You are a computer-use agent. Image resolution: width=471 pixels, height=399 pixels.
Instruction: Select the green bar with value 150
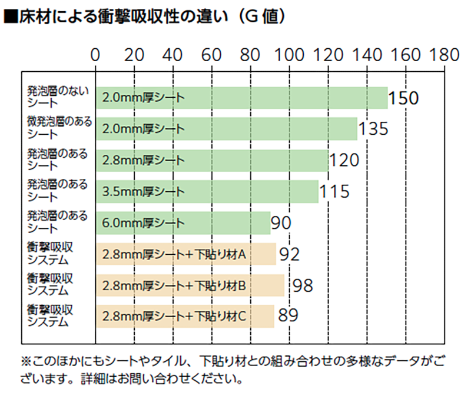pos(241,98)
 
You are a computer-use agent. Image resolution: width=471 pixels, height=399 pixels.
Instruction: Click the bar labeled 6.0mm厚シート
pos(183,223)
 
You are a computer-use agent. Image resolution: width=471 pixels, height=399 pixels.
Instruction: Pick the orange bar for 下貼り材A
pos(185,254)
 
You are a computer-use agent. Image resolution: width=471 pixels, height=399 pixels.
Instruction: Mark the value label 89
pos(288,316)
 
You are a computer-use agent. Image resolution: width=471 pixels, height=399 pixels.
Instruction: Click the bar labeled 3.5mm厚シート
pos(207,192)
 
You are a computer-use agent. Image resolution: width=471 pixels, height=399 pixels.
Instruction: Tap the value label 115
pos(334,191)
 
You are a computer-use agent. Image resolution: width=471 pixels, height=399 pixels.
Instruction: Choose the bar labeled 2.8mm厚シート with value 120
pos(211,160)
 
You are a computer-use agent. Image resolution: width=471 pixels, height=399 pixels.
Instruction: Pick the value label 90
pos(281,223)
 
